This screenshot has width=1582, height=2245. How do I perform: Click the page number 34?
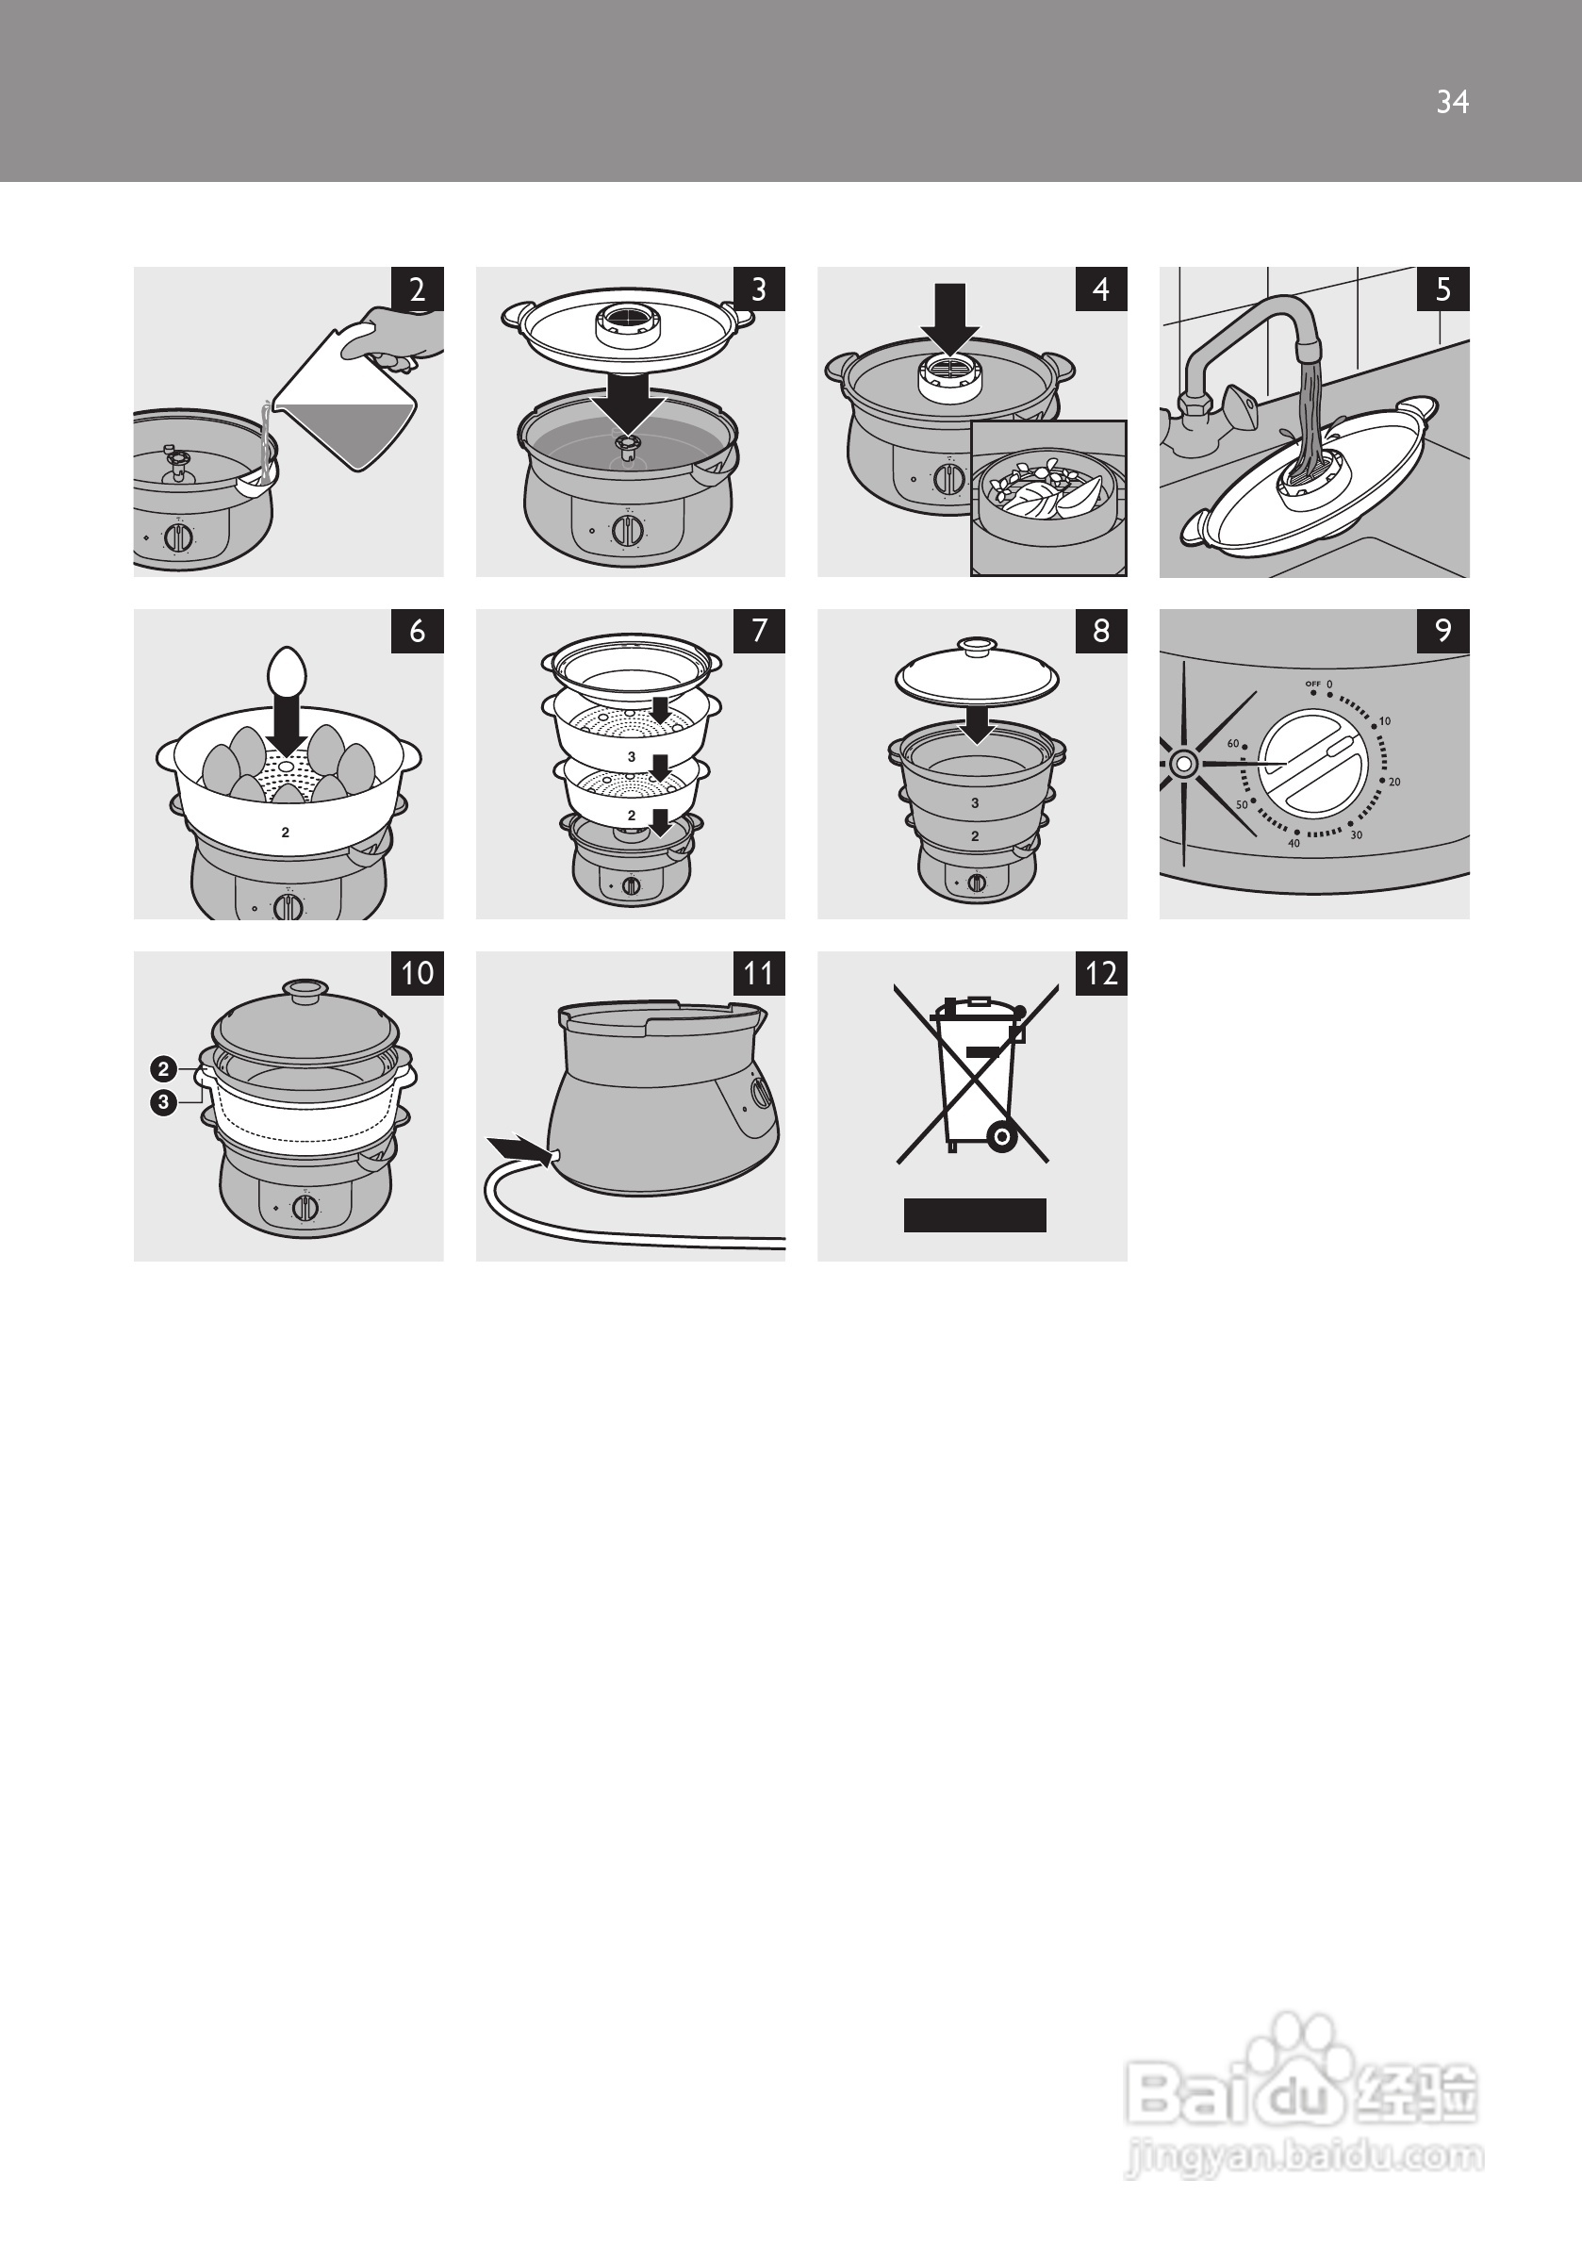point(1452,102)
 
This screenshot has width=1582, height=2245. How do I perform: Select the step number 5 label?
point(1443,289)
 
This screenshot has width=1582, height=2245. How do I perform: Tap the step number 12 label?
point(1101,973)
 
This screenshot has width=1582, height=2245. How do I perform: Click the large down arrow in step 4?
point(949,319)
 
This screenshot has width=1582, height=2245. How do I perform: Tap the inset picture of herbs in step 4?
point(1048,499)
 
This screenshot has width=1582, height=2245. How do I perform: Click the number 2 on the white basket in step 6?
point(286,834)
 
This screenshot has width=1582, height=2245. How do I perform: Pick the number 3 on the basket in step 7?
point(632,757)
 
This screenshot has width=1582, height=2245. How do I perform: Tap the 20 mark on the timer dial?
point(1394,783)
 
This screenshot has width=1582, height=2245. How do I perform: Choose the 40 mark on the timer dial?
point(1294,843)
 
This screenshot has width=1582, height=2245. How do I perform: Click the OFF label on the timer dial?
point(1312,684)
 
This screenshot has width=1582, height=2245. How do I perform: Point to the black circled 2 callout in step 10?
point(163,1068)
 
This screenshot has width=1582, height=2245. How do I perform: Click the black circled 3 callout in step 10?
point(163,1102)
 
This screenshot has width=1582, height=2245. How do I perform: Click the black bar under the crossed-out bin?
point(975,1215)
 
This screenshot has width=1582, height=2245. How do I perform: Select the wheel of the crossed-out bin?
point(1001,1137)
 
